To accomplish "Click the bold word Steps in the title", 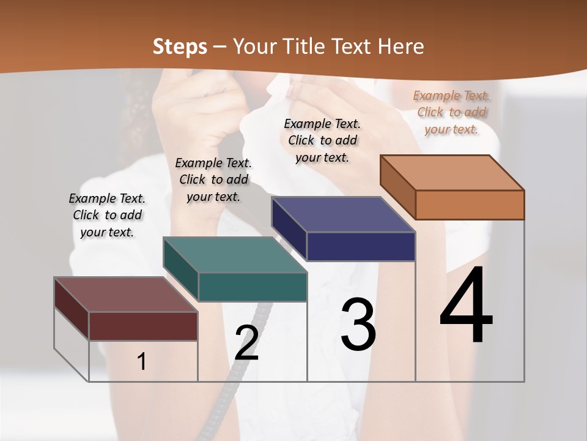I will point(180,47).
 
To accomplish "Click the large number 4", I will point(466,306).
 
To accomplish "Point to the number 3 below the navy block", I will point(358,325).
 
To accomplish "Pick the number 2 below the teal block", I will point(246,343).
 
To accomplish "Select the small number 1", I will point(142,362).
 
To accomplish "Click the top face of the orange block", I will point(452,173).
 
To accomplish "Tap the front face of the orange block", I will point(470,205).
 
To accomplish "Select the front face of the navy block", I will point(361,246).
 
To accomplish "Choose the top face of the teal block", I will point(235,255).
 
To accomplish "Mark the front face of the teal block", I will point(253,287).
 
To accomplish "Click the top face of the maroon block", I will point(126,295).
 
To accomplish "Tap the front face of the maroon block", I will point(143,326).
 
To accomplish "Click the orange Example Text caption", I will point(452,112).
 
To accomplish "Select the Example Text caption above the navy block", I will point(322,140).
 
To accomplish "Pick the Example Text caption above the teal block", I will point(213,179).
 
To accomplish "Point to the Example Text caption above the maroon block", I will point(107,215).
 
